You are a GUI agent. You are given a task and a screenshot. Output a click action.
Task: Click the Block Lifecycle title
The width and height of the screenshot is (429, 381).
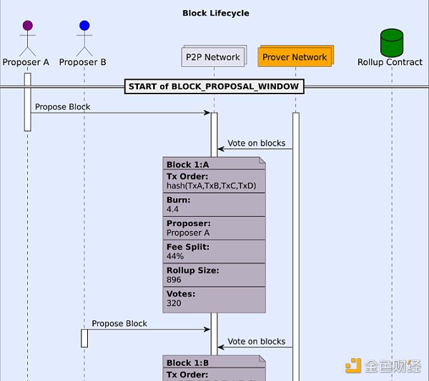[215, 13]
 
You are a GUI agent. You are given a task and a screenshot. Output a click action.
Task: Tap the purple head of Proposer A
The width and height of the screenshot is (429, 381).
[27, 26]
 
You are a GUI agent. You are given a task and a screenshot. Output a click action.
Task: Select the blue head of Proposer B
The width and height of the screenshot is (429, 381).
[84, 26]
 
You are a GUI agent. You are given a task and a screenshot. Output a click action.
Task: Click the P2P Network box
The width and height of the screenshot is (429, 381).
[213, 57]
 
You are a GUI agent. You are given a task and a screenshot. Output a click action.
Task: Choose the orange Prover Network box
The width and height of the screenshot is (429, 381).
[294, 57]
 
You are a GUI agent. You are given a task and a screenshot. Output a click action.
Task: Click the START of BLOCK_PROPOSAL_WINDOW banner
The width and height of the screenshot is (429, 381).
[214, 87]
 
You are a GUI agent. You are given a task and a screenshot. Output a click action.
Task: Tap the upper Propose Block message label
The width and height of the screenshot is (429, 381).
[62, 107]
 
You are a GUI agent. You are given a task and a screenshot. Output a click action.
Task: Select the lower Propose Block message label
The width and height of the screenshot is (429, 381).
[119, 323]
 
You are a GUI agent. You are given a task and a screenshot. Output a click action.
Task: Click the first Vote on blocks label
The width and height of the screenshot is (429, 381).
[256, 143]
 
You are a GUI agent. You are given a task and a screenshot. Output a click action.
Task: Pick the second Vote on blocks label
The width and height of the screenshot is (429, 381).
[256, 342]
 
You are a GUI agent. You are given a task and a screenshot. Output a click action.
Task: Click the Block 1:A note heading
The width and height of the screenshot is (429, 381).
[188, 165]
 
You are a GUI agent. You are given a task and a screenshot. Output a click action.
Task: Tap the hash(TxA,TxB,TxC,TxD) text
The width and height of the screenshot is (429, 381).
[211, 186]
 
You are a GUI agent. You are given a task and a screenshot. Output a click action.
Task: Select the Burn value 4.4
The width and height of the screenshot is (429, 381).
[173, 210]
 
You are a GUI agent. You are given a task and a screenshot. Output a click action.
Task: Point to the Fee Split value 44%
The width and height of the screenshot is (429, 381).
[175, 256]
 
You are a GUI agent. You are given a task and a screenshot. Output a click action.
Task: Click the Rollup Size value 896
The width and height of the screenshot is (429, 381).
[174, 280]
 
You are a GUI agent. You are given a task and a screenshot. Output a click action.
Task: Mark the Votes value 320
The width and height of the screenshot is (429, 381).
[174, 303]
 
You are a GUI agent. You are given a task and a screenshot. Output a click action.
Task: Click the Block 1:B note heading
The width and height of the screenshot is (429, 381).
[188, 362]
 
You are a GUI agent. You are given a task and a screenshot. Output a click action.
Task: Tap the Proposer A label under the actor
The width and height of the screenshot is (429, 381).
[26, 62]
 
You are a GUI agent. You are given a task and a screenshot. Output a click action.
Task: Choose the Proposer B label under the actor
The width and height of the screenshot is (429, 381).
[83, 62]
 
